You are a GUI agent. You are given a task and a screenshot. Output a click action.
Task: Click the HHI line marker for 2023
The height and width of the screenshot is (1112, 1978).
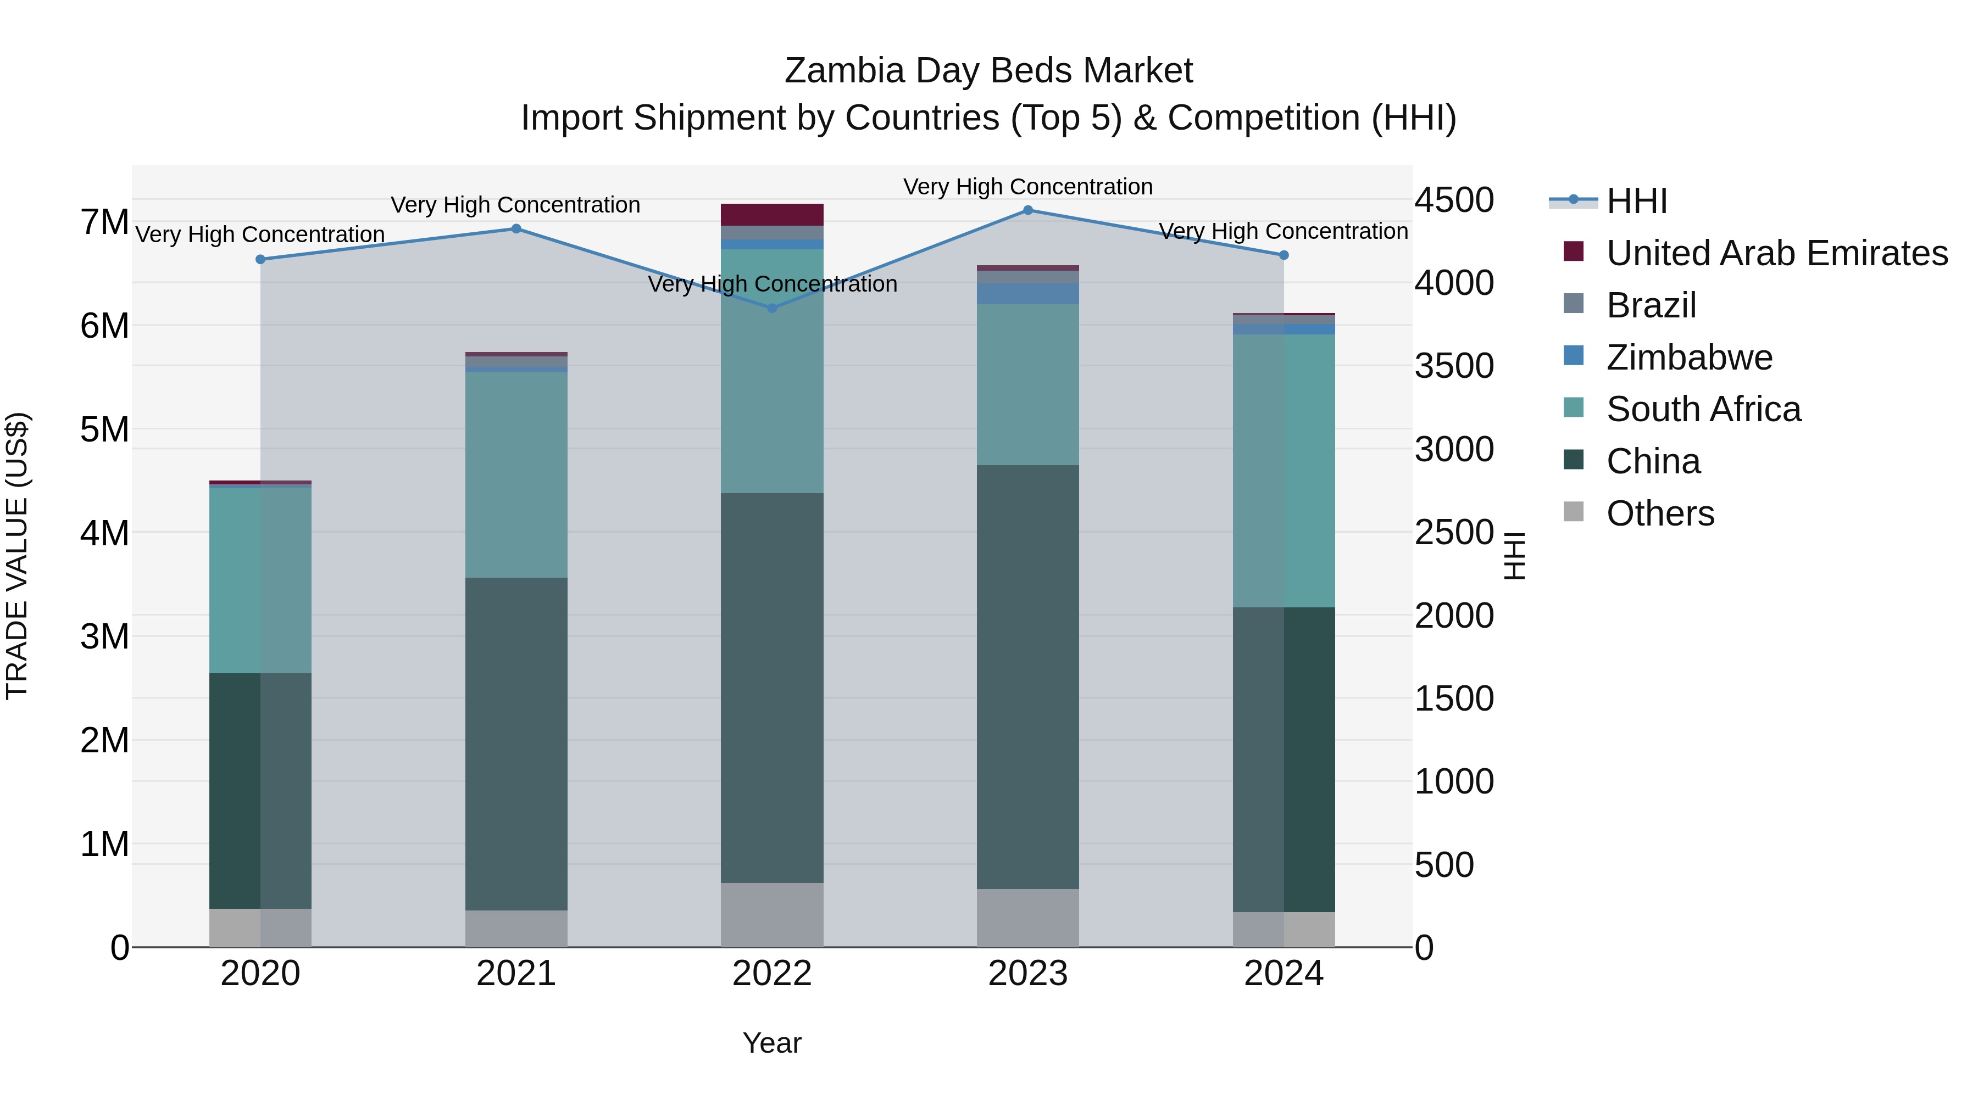1027,210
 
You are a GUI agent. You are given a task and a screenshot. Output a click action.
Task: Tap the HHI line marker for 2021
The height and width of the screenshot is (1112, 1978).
516,228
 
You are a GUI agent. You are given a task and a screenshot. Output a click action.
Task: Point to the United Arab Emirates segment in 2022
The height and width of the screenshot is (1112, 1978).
772,215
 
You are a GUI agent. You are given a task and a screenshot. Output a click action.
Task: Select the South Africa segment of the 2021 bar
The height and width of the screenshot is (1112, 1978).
516,475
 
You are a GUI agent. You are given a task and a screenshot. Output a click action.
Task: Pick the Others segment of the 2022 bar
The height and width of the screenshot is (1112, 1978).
772,915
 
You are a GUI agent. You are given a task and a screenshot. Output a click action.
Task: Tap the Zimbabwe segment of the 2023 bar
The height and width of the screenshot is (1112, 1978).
1027,294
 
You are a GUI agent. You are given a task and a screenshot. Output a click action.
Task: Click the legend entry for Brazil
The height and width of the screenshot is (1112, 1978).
1651,305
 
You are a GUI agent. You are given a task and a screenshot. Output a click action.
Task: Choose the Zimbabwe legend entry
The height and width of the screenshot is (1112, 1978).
1690,357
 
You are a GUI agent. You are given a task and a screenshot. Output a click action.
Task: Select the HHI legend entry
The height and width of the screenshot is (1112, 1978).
1636,201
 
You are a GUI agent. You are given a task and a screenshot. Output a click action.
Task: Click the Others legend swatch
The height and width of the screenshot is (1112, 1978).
1574,512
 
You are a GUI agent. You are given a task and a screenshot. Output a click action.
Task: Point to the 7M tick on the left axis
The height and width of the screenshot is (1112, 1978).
104,222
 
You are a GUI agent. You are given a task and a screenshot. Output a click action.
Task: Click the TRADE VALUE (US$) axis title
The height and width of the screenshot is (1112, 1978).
17,556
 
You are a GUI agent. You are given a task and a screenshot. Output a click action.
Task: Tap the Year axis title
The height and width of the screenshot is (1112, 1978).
772,1043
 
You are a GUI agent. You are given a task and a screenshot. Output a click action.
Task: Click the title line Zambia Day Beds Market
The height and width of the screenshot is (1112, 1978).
988,71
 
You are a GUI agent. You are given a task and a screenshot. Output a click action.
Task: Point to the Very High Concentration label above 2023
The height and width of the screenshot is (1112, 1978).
1027,187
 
